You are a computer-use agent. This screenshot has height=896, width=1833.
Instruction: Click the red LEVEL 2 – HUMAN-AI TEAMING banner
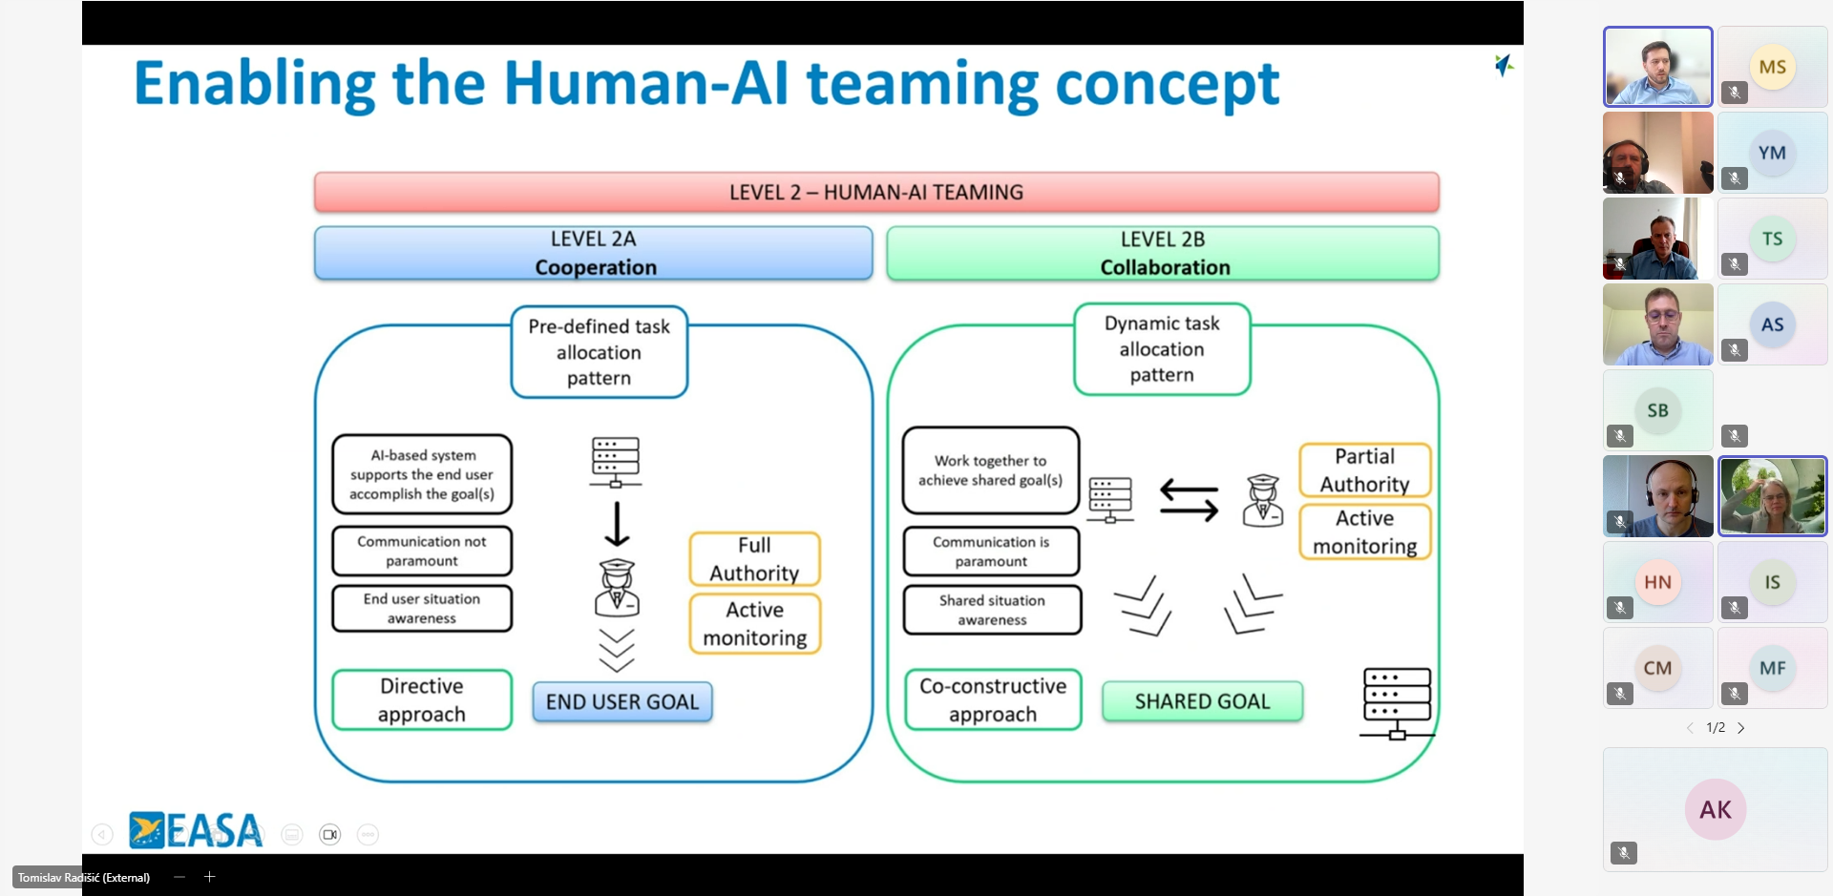click(x=876, y=192)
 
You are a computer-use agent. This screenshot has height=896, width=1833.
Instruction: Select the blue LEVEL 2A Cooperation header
click(x=593, y=253)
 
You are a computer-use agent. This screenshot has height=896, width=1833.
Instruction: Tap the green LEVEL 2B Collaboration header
click(x=1163, y=253)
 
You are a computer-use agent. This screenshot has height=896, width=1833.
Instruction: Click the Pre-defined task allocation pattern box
click(x=599, y=352)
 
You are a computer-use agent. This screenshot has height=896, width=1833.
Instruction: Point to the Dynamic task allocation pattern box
click(x=1162, y=349)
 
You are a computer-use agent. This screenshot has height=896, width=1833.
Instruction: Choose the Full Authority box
click(x=754, y=559)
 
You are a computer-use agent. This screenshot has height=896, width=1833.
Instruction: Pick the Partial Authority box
click(x=1364, y=470)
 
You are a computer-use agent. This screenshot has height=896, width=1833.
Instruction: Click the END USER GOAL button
click(x=622, y=702)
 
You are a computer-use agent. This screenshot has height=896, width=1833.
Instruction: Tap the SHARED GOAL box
click(x=1202, y=701)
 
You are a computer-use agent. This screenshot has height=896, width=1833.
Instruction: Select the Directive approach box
click(x=422, y=700)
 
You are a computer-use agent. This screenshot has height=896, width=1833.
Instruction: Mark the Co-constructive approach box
click(x=993, y=700)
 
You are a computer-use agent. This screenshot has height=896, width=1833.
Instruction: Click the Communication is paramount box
click(x=991, y=552)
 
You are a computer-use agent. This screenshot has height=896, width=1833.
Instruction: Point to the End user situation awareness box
click(x=422, y=609)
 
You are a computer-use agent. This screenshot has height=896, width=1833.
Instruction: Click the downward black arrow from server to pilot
click(x=617, y=523)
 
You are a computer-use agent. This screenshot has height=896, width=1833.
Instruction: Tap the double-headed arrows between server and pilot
click(x=1189, y=500)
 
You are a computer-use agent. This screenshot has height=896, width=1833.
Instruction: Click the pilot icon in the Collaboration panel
click(x=1262, y=501)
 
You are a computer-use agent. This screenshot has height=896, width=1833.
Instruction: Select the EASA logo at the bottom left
click(x=196, y=830)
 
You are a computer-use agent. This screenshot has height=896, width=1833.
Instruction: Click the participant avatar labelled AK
click(x=1716, y=809)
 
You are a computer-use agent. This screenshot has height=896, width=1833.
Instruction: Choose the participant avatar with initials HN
click(x=1657, y=582)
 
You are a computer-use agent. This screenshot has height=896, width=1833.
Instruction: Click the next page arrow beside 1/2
click(x=1741, y=728)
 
